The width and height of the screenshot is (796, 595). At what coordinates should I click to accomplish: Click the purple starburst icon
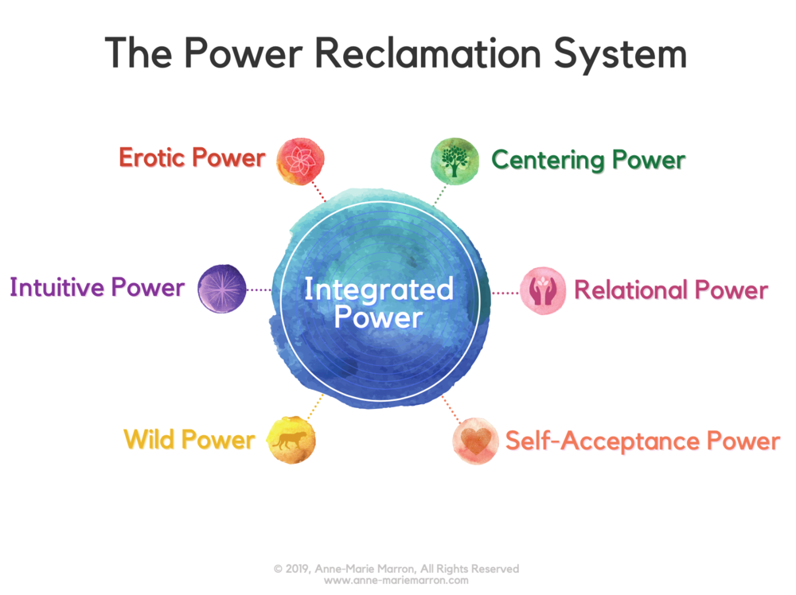pos(221,288)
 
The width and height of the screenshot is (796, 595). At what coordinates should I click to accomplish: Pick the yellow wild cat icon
pos(292,437)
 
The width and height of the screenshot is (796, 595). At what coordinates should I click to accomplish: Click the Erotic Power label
pos(192,157)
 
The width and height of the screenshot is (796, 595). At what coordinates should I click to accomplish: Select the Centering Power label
pos(588,160)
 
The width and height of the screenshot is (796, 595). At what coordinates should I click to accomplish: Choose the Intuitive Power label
pos(97,287)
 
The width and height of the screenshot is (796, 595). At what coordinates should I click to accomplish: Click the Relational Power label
pos(671,290)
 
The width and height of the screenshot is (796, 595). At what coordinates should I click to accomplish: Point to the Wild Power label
pos(189,439)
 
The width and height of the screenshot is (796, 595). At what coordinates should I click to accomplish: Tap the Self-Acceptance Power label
pos(642,441)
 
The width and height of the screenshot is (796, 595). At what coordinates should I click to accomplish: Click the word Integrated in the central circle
pos(378,290)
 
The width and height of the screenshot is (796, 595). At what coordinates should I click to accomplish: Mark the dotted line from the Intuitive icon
pos(259,290)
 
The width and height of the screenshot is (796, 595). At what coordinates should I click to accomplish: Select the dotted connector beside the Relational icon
pos(505,293)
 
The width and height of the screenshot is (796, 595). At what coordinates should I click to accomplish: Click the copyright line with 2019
pos(396,569)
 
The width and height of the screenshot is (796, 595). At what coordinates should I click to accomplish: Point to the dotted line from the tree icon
pos(439,192)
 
